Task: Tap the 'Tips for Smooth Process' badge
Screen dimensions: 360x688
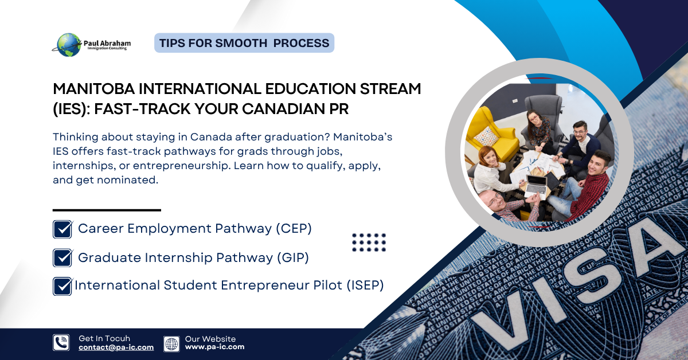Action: [x=244, y=43]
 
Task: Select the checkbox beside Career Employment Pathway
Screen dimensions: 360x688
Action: [x=62, y=229]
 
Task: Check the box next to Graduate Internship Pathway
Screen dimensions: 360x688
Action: [x=62, y=258]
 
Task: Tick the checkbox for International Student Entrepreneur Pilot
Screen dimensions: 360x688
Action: [x=62, y=286]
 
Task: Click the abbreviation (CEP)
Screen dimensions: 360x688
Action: [x=293, y=228]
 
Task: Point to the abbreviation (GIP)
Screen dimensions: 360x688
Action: [x=291, y=257]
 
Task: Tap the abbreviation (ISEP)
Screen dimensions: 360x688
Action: [x=365, y=285]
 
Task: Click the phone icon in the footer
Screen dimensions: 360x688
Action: [x=61, y=342]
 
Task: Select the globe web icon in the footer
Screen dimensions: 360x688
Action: [x=171, y=343]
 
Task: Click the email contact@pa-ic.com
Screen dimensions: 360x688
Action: [x=116, y=347]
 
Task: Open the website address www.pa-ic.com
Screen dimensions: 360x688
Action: [x=214, y=347]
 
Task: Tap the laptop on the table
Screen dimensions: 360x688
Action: [x=536, y=185]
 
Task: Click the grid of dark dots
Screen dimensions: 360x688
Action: [x=369, y=242]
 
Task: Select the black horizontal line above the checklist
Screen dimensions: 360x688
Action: [x=107, y=210]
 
